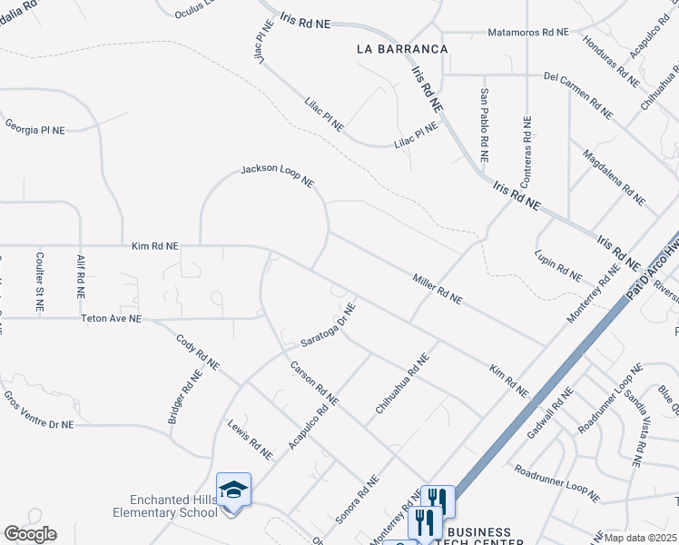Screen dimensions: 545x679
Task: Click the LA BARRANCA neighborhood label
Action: [402, 48]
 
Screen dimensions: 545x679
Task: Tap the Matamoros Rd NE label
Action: [528, 31]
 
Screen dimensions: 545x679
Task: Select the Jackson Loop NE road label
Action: [277, 176]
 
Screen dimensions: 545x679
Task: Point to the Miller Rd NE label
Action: [438, 288]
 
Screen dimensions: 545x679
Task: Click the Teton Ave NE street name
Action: [112, 319]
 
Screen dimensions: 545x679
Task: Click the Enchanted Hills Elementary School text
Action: [174, 506]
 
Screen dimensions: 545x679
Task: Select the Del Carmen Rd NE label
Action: [578, 94]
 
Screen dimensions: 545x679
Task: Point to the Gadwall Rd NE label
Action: [549, 414]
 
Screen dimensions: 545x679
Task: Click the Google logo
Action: [29, 534]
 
